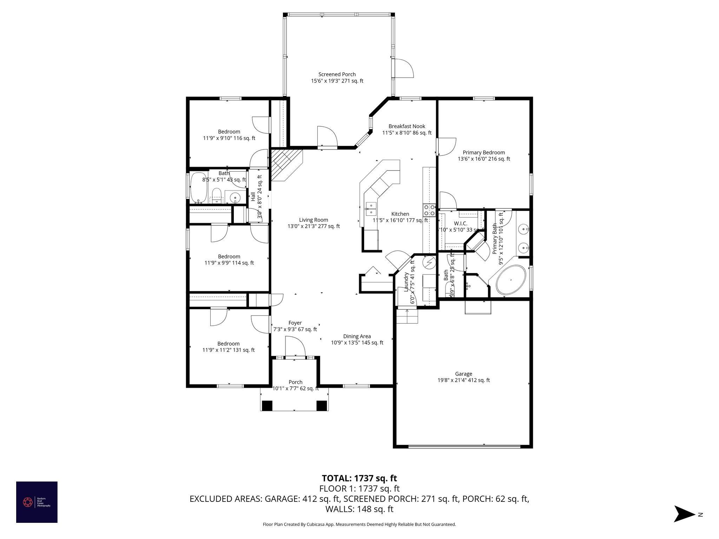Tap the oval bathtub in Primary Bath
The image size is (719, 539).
[x=510, y=280]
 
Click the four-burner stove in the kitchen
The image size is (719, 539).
[x=429, y=210]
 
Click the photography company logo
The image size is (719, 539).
[x=37, y=502]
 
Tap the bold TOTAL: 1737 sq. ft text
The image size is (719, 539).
[x=359, y=478]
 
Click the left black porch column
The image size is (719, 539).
[x=267, y=406]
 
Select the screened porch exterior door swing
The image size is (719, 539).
[x=404, y=69]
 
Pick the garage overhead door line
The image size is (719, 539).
[x=464, y=446]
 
